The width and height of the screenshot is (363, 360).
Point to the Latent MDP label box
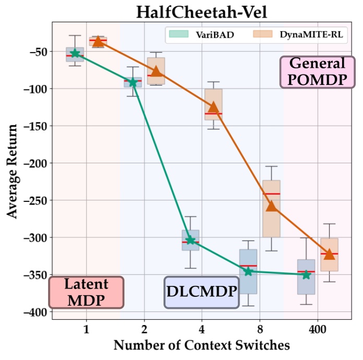(86, 292)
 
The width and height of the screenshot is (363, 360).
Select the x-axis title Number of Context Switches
(201, 345)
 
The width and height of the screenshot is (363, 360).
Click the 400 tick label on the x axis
(318, 330)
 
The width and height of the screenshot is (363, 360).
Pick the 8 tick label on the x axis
(260, 330)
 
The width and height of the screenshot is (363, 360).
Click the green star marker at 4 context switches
(190, 240)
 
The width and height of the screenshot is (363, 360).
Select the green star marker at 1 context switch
(75, 53)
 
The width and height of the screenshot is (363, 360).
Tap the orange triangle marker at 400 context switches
(329, 254)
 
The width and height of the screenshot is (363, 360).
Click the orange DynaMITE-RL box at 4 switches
(213, 104)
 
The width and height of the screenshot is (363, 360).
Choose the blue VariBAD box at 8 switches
(248, 271)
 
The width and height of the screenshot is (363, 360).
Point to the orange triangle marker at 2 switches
(156, 71)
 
